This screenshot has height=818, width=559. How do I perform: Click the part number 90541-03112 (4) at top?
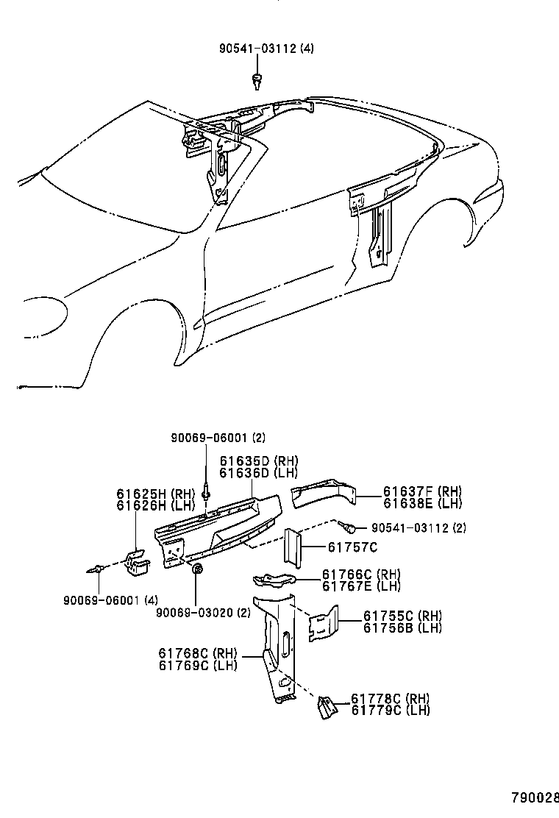click(266, 49)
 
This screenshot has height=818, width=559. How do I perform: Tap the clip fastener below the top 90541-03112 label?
click(257, 79)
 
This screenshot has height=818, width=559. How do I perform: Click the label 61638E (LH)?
click(422, 503)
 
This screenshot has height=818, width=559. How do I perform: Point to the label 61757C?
click(352, 547)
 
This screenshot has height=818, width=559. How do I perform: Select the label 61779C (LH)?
click(390, 710)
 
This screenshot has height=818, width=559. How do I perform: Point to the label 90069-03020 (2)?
click(204, 612)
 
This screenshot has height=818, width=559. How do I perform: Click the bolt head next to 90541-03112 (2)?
click(351, 527)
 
